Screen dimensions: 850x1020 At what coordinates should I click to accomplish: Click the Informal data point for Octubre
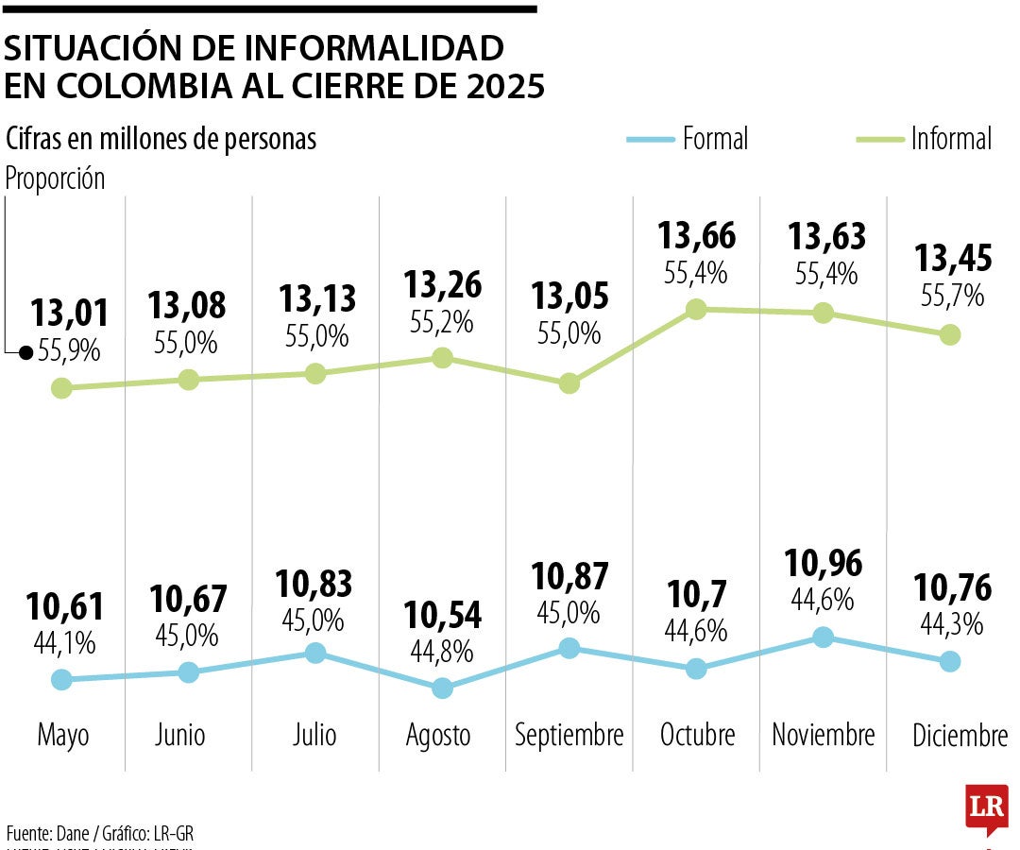click(696, 309)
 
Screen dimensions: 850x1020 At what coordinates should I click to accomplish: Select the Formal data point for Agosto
click(442, 688)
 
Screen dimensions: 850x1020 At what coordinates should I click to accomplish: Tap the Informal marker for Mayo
click(61, 387)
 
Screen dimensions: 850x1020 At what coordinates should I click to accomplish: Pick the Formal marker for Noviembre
click(823, 637)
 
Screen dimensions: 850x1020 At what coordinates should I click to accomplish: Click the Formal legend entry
click(687, 139)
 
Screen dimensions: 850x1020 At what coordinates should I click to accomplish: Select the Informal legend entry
click(924, 139)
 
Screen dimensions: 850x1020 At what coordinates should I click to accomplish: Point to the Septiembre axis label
click(569, 735)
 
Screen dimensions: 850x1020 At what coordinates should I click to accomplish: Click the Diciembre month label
click(960, 735)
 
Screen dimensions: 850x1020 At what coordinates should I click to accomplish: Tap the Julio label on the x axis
click(314, 735)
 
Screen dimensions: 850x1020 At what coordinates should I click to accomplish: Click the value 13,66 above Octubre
click(697, 236)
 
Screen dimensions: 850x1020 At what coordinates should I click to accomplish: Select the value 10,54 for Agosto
click(442, 615)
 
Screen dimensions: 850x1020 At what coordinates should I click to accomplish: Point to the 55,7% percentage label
click(952, 295)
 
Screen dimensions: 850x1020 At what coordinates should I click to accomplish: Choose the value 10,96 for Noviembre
click(823, 563)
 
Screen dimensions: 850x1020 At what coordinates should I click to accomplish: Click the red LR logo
click(986, 807)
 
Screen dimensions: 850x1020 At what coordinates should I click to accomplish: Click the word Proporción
click(56, 178)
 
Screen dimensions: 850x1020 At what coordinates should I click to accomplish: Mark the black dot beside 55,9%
click(26, 353)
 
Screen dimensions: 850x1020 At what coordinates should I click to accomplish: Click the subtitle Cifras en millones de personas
click(161, 139)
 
